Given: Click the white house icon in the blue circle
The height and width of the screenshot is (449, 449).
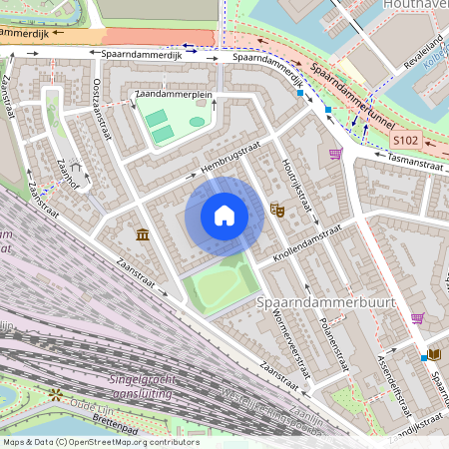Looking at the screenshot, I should (224, 216).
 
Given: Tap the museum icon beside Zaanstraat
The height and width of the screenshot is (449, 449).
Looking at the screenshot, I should (142, 234).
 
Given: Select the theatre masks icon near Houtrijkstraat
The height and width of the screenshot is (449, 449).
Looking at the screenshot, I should (276, 211).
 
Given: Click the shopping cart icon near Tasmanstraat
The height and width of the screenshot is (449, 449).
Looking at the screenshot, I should (335, 153).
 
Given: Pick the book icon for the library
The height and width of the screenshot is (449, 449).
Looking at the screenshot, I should (435, 353).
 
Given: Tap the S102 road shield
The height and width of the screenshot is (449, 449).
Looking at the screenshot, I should (418, 143).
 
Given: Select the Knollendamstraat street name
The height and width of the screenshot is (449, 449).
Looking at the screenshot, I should (308, 242).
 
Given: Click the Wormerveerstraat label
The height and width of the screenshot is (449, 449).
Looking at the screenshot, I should (283, 343).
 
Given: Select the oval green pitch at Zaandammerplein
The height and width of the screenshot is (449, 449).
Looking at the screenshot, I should (197, 122).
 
